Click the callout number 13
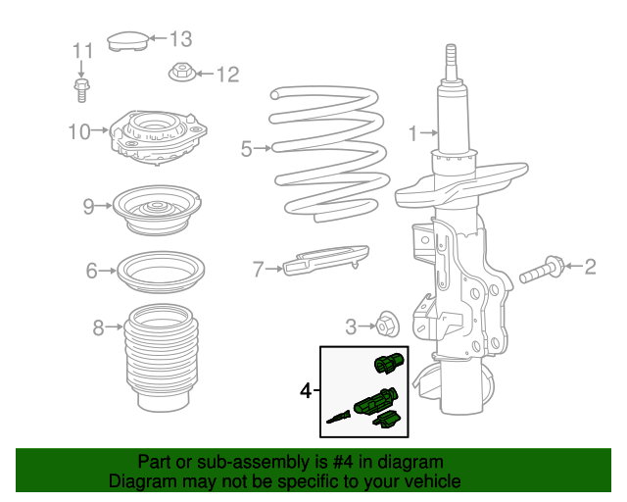(181, 39)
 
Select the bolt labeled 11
(81, 89)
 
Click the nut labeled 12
(181, 73)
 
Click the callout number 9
(89, 206)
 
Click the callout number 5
(247, 149)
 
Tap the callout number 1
(412, 132)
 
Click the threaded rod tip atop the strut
(452, 61)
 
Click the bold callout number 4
(305, 391)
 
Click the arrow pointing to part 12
(203, 73)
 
